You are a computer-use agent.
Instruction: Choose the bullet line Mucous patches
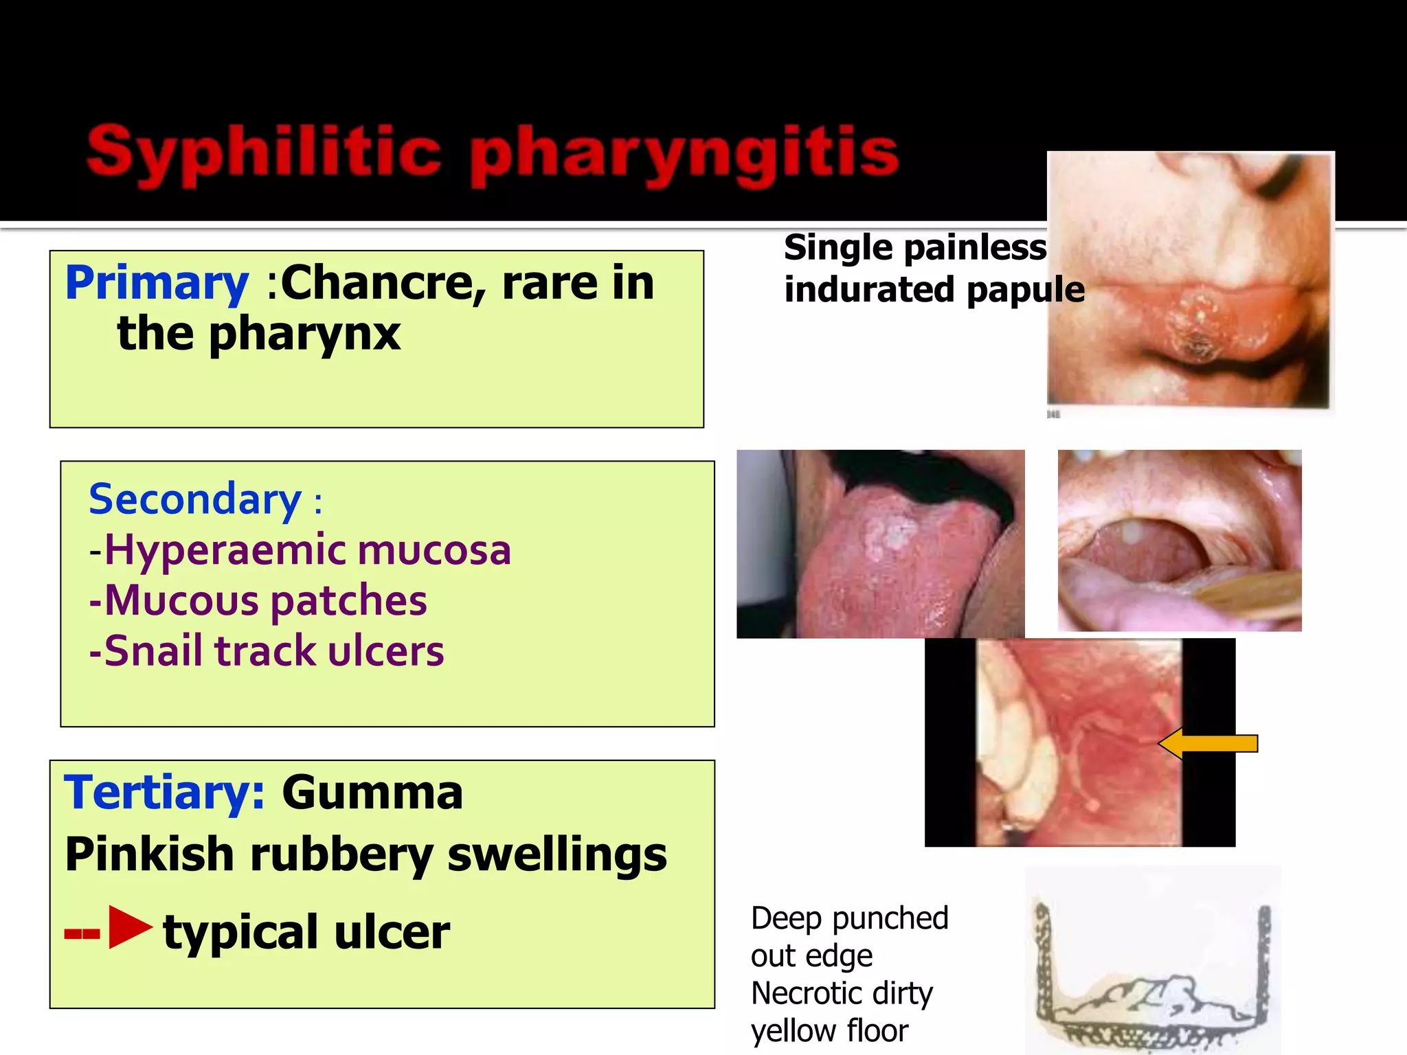point(258,600)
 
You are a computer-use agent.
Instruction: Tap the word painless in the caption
point(978,247)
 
